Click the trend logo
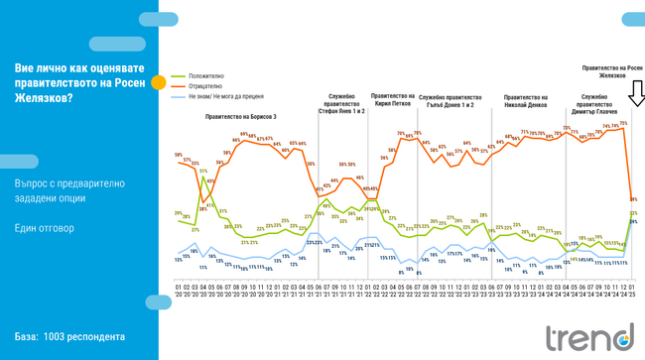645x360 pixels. tap(583, 337)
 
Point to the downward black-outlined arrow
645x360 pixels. tap(635, 93)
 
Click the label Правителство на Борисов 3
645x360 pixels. tap(241, 116)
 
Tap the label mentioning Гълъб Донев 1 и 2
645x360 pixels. tap(451, 101)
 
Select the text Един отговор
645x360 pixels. tap(44, 227)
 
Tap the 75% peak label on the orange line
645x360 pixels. tap(623, 123)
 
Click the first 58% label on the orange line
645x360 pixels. tap(178, 155)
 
